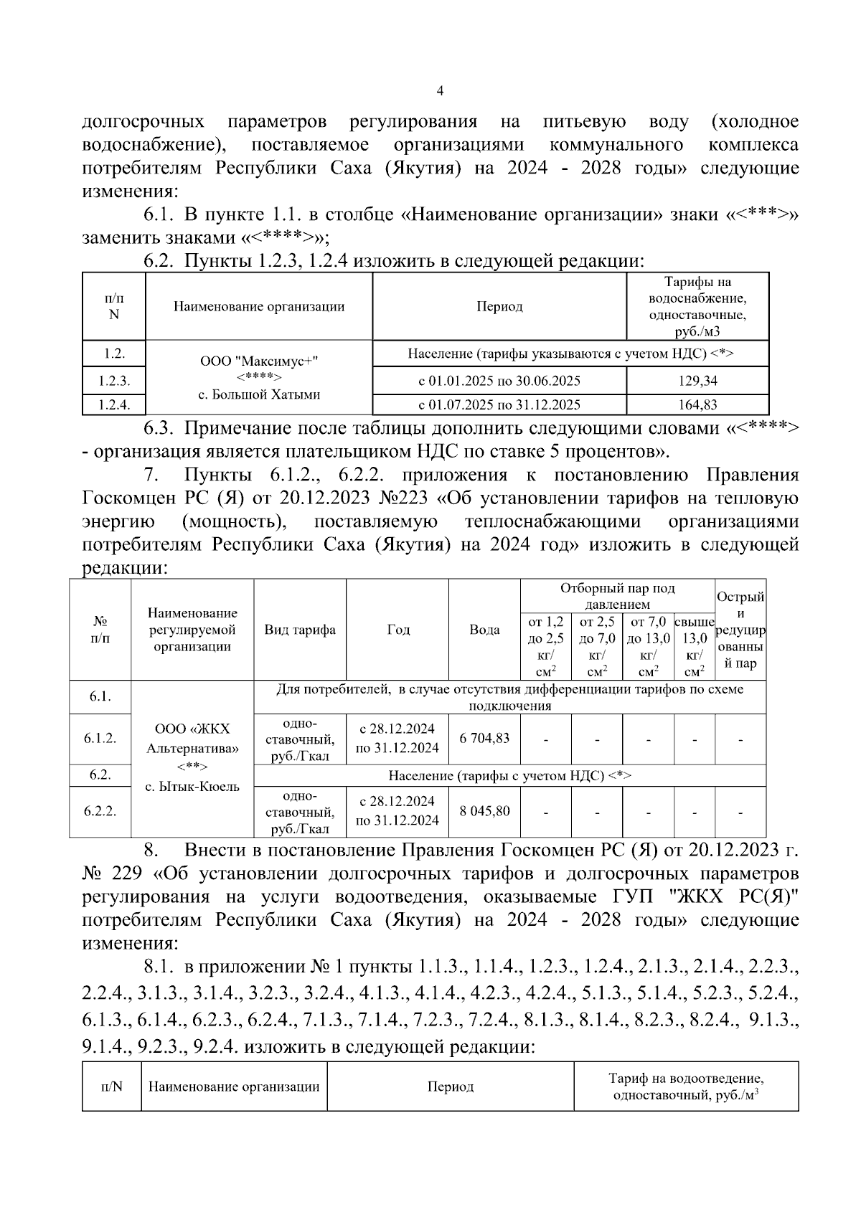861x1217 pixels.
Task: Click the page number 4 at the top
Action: pyautogui.click(x=440, y=91)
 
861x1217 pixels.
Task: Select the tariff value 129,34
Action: pyautogui.click(x=697, y=381)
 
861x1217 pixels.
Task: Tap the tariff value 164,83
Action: pyautogui.click(x=697, y=405)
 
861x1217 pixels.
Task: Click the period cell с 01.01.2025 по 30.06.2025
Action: pyautogui.click(x=499, y=381)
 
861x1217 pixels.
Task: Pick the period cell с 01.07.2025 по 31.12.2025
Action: pyautogui.click(x=499, y=405)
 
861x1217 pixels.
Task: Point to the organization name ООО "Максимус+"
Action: pyautogui.click(x=258, y=362)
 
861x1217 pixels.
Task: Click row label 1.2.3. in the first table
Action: pyautogui.click(x=114, y=381)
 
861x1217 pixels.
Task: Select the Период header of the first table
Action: pyautogui.click(x=499, y=306)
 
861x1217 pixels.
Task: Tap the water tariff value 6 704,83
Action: pyautogui.click(x=484, y=738)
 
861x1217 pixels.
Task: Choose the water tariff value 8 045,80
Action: pyautogui.click(x=484, y=811)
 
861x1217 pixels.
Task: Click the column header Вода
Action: pyautogui.click(x=484, y=630)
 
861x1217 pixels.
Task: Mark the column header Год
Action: pyautogui.click(x=398, y=630)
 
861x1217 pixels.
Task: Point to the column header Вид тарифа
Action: pyautogui.click(x=300, y=630)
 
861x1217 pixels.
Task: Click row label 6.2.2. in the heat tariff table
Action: pyautogui.click(x=100, y=811)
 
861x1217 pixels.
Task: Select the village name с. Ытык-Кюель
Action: pyautogui.click(x=192, y=787)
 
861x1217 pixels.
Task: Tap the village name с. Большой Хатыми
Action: pyautogui.click(x=258, y=394)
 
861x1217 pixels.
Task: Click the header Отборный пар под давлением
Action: pyautogui.click(x=617, y=596)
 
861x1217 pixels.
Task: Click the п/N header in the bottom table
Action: pyautogui.click(x=111, y=1086)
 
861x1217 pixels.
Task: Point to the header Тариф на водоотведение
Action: pyautogui.click(x=685, y=1078)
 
